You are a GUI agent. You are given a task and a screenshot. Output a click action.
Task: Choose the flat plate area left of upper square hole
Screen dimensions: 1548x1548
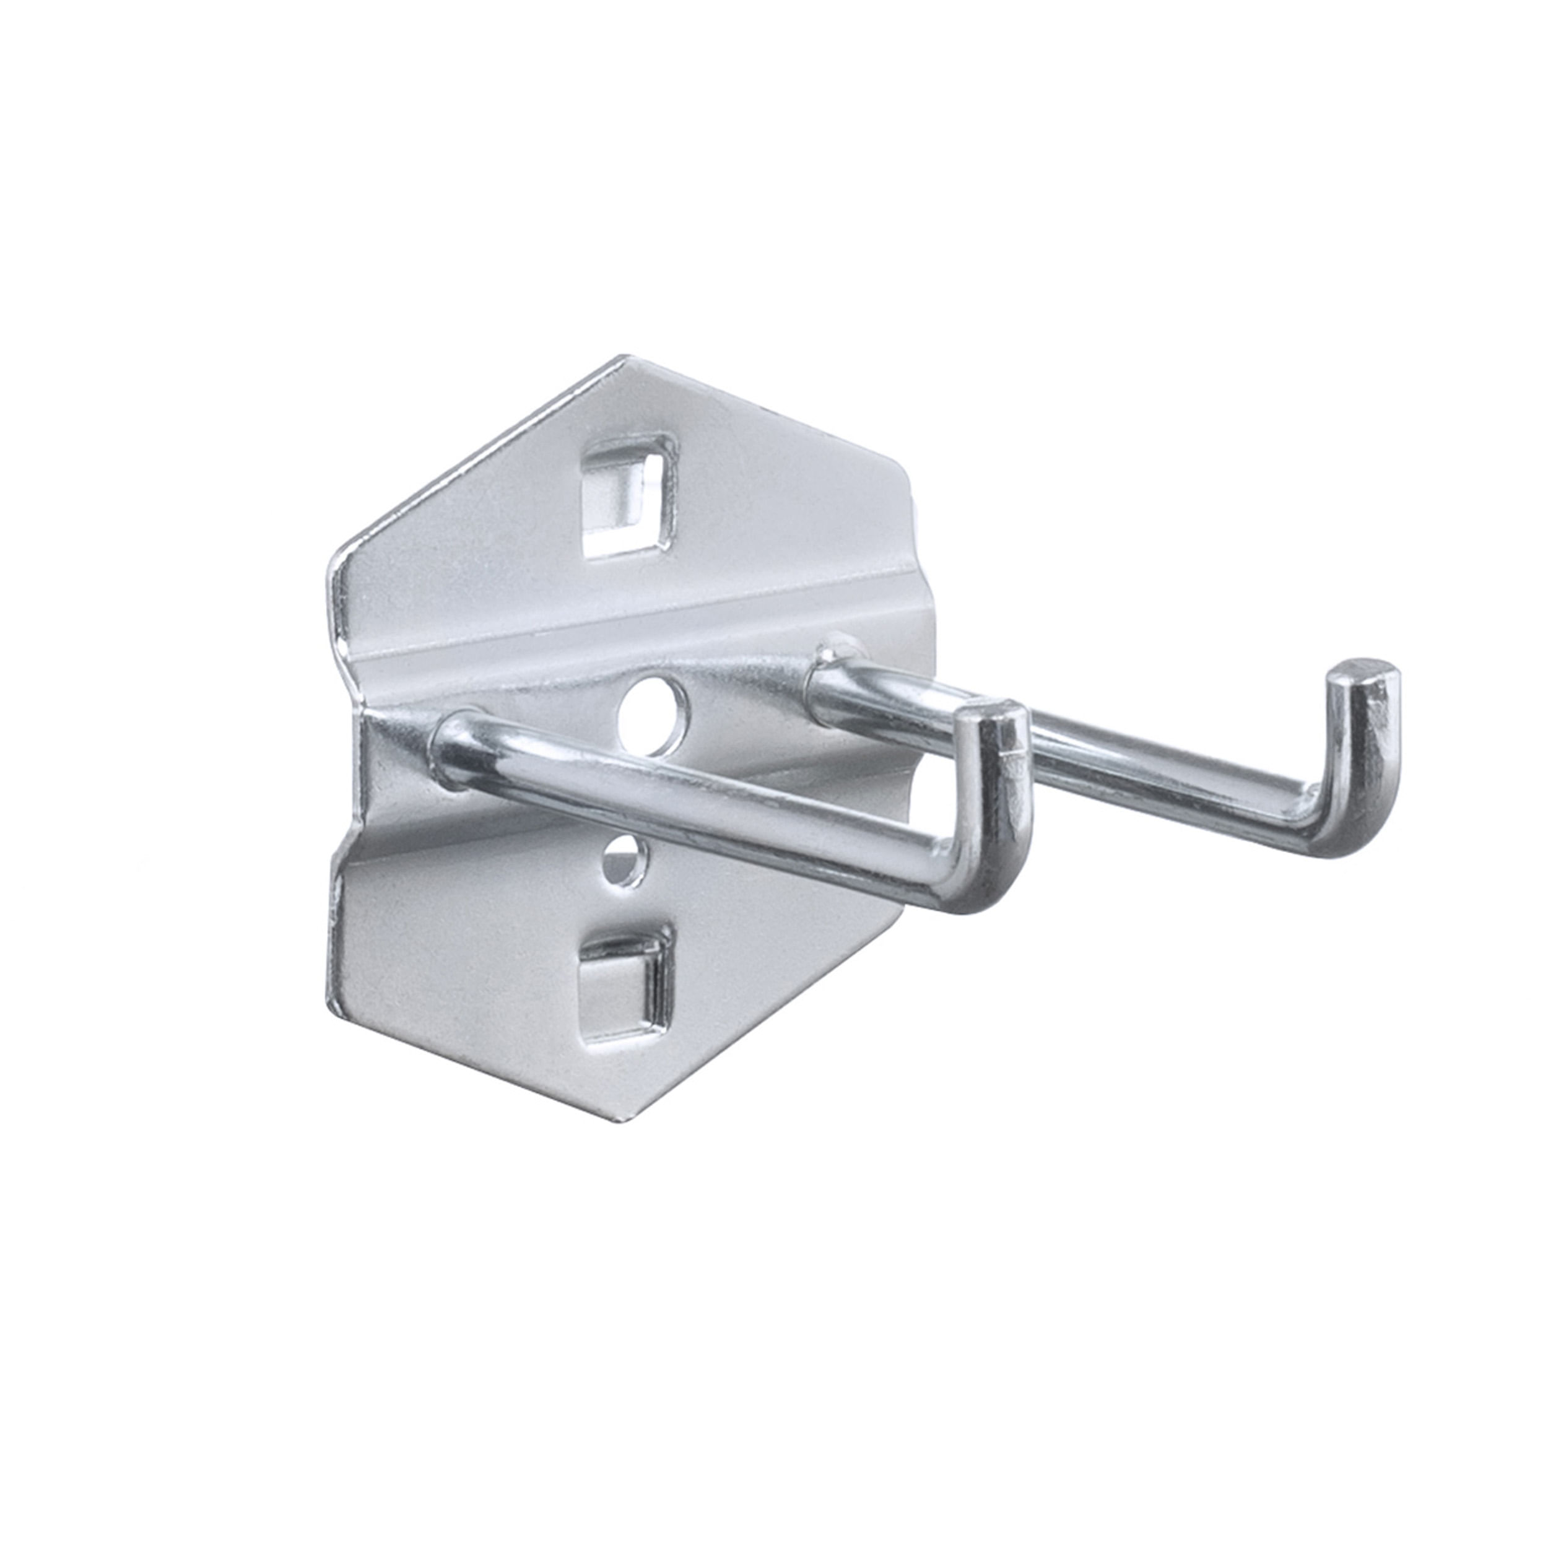pyautogui.click(x=480, y=521)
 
